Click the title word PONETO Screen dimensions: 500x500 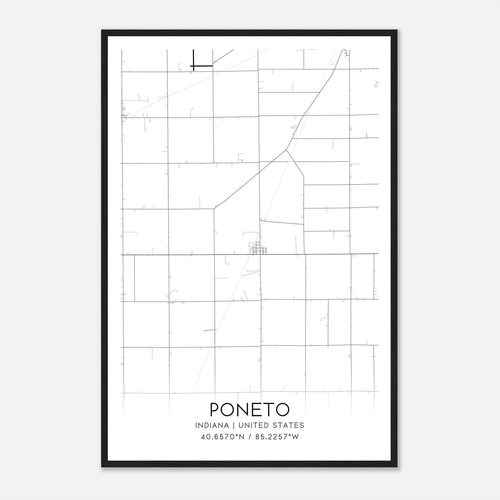click(250, 409)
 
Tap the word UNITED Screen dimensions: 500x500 click(253, 425)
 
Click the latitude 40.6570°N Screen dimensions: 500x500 click(222, 437)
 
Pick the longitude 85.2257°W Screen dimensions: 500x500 click(277, 437)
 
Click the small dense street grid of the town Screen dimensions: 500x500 click(260, 250)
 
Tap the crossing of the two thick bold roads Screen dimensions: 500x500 click(194, 66)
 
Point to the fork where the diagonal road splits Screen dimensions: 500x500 click(286, 150)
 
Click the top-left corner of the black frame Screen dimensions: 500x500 click(102, 31)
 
